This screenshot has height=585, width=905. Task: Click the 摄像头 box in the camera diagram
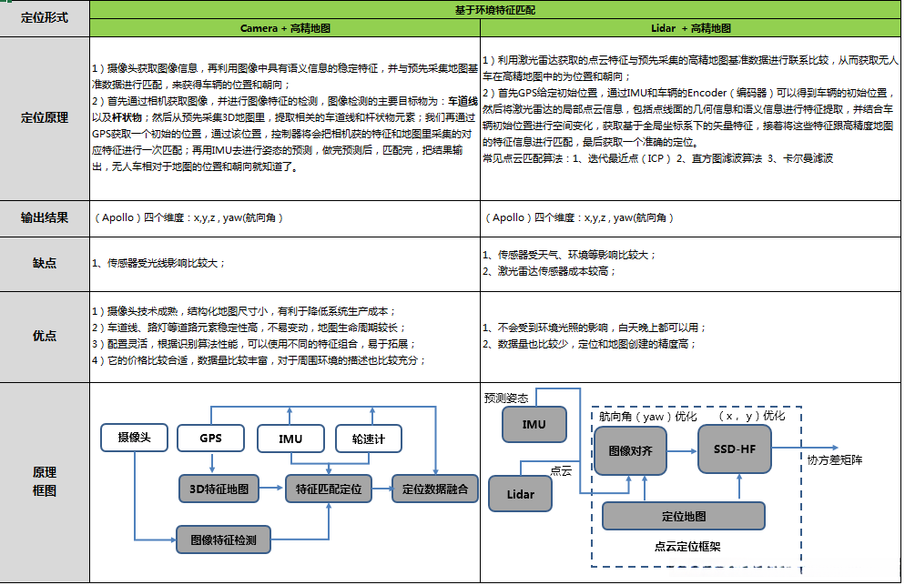133,438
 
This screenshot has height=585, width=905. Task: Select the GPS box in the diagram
211,438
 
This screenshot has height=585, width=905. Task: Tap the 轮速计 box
368,439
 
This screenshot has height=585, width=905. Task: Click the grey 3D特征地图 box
219,488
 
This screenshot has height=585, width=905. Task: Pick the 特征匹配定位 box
329,489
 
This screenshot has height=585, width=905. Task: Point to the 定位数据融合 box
434,489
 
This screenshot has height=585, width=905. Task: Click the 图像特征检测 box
223,540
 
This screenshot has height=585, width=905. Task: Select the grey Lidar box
520,494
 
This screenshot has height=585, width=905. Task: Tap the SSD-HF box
734,449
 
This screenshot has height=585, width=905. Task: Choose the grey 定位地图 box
683,516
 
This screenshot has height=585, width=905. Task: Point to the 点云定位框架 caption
687,546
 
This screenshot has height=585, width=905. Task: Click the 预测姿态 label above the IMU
506,398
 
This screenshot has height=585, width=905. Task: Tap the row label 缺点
44,263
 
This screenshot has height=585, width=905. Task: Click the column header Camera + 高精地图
285,28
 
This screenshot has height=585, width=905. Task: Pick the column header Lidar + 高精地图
690,28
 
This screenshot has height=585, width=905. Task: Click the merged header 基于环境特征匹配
495,9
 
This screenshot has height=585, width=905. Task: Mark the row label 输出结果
44,217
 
